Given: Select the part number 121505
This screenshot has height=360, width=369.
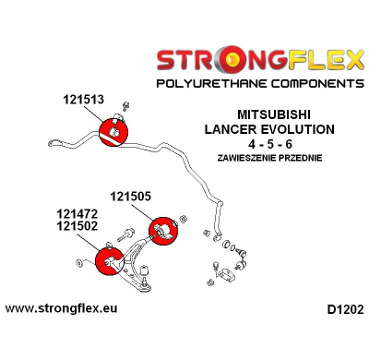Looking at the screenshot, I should (x=133, y=195).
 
